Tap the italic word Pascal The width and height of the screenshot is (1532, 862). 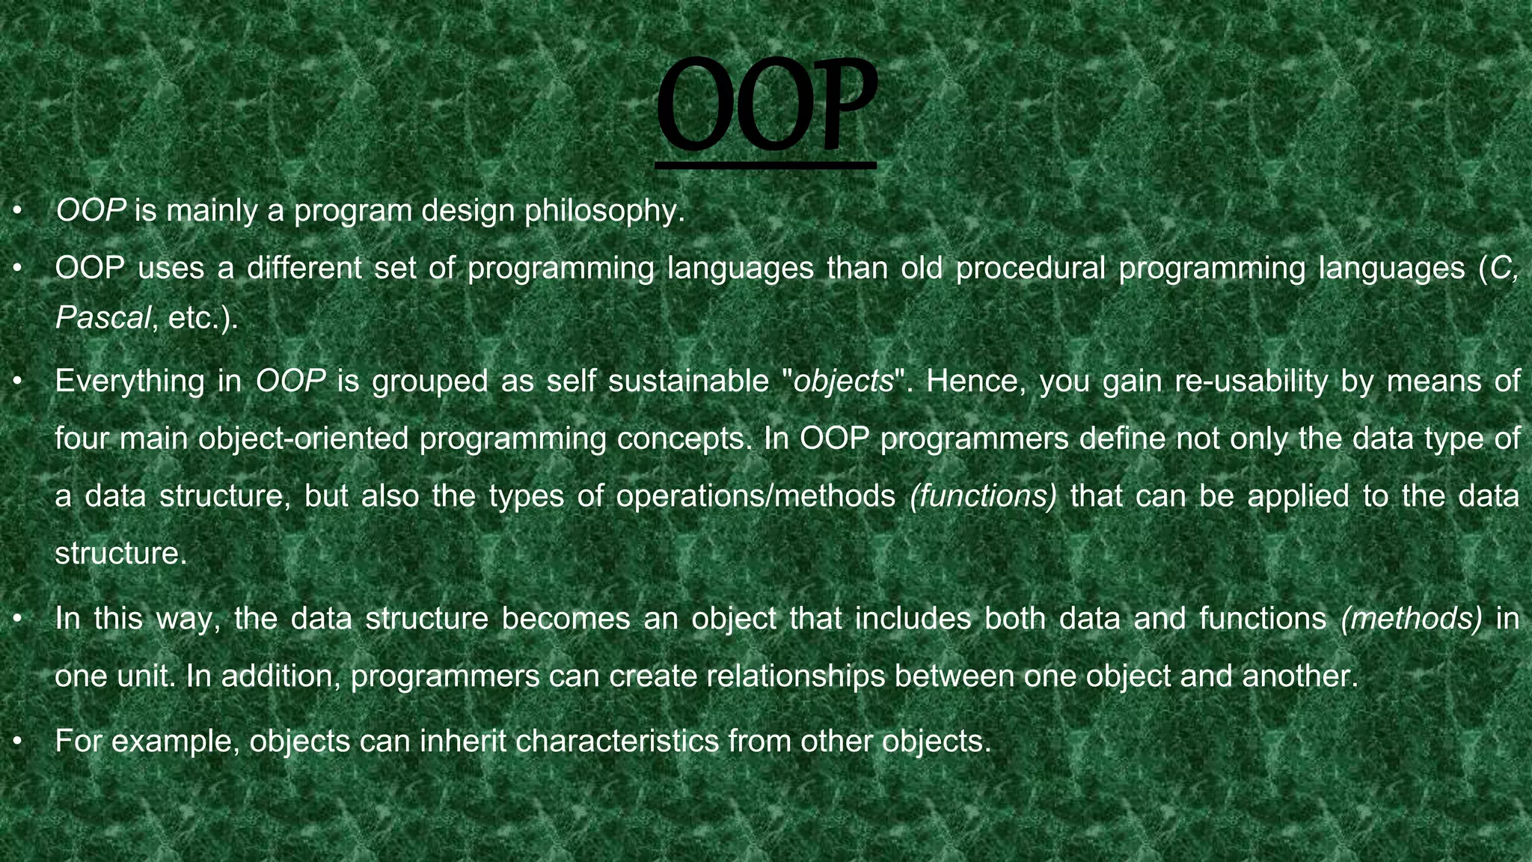102,318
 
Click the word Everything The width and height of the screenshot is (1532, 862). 129,382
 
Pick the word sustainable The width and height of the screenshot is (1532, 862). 688,382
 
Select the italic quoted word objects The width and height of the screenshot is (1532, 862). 844,382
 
